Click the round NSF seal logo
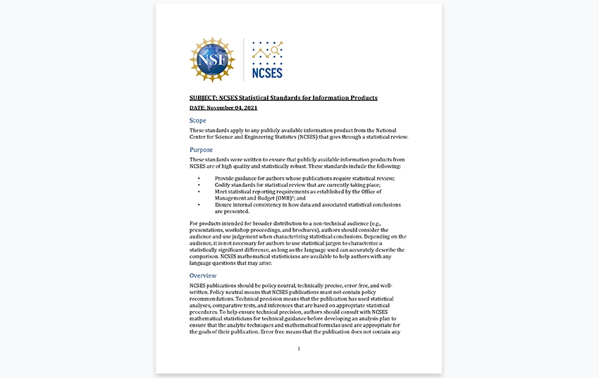(212, 59)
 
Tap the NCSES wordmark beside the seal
(267, 73)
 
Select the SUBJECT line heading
(283, 97)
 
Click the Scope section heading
(198, 121)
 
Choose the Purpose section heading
(201, 150)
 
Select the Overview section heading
(203, 275)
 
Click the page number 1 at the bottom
(299, 348)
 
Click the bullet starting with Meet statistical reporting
(298, 192)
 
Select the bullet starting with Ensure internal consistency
(307, 205)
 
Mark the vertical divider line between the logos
(244, 59)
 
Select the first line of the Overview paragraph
(291, 286)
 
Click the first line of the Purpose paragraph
(297, 159)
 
